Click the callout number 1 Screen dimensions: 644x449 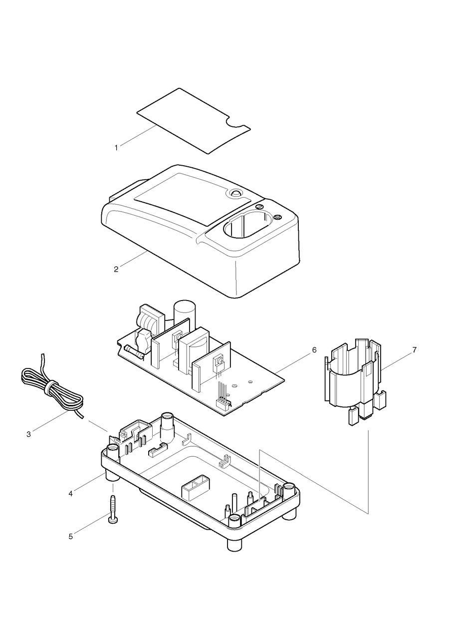[116, 148]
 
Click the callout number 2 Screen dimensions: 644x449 [116, 270]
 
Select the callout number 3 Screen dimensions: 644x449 [28, 434]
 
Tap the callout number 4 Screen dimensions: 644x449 [70, 494]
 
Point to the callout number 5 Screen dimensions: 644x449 [70, 537]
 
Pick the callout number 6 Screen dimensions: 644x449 [314, 350]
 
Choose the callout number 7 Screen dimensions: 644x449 [415, 350]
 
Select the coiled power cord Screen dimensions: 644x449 [50, 387]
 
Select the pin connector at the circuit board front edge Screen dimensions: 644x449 [223, 402]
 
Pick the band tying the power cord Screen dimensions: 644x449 [51, 387]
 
